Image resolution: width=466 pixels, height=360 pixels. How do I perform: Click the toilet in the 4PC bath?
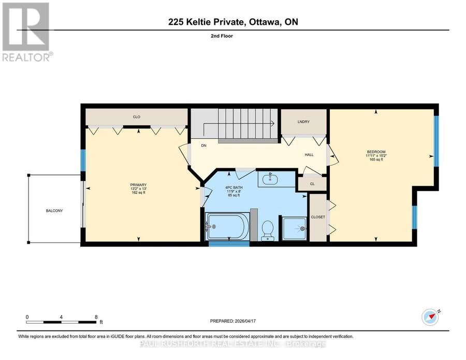click(x=268, y=231)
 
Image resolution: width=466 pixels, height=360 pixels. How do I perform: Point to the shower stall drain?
click(x=302, y=228)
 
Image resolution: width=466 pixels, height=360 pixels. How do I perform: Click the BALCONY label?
click(x=54, y=211)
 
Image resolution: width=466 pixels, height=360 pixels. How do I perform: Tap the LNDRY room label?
click(x=303, y=122)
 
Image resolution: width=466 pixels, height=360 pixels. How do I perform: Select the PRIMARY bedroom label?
click(x=138, y=185)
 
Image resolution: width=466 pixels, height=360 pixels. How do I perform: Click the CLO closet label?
click(x=136, y=117)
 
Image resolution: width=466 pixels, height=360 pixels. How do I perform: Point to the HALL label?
click(x=309, y=154)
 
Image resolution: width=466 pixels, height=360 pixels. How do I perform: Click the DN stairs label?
click(x=203, y=146)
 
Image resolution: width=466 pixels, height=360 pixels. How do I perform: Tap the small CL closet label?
click(x=312, y=184)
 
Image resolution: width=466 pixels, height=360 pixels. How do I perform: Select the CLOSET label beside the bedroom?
click(x=318, y=217)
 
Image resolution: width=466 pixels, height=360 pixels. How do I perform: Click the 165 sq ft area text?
click(x=376, y=160)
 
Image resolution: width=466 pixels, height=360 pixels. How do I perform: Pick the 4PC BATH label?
click(x=234, y=188)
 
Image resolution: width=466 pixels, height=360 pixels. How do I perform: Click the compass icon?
click(x=430, y=318)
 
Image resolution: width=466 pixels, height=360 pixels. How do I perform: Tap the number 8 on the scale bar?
click(x=96, y=317)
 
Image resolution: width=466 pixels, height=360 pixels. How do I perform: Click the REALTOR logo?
click(x=26, y=32)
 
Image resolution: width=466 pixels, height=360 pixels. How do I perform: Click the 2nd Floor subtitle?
click(x=222, y=36)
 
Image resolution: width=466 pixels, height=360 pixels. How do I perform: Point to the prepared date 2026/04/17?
click(x=245, y=321)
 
